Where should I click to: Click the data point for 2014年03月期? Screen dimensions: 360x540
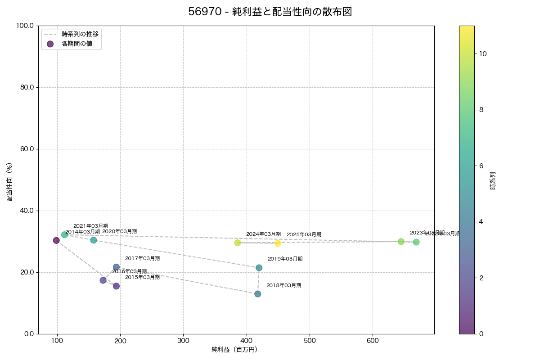tap(56, 240)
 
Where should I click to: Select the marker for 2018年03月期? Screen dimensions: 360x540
tap(258, 294)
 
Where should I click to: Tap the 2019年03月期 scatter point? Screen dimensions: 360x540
tap(259, 268)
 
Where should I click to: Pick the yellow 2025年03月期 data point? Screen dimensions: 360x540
tap(278, 243)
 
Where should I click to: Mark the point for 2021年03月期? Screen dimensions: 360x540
tap(65, 234)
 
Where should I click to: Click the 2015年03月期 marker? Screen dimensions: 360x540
tap(116, 286)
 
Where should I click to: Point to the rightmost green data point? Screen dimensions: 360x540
tap(416, 242)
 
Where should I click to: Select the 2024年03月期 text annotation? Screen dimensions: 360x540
tap(263, 234)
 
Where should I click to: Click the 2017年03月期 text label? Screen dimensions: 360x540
tap(142, 259)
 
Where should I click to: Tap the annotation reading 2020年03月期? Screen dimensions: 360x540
tap(119, 232)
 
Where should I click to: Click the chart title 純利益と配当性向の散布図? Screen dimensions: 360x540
tap(270, 12)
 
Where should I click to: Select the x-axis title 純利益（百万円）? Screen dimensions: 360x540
tap(234, 350)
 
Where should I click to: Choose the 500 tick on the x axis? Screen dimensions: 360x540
tap(310, 341)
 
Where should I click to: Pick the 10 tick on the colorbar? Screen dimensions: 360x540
tap(483, 54)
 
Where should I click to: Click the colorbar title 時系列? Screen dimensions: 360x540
tap(493, 180)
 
